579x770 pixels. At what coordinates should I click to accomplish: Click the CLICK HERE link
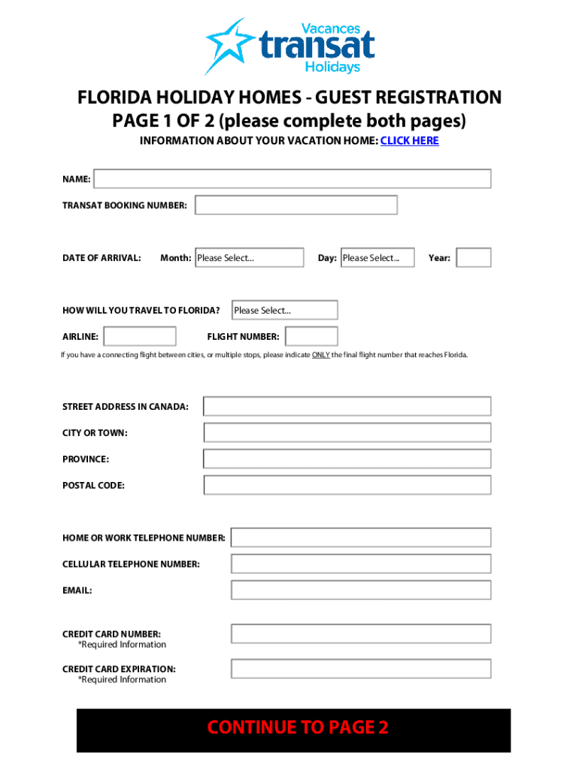409,141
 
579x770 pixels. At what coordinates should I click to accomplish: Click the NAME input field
292,179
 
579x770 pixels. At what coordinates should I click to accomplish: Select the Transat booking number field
296,205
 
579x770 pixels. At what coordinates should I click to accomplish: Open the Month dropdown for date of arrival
249,258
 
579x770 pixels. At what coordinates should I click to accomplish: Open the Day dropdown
377,258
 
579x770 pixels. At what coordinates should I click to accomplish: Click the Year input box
474,258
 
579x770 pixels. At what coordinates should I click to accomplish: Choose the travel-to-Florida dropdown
285,310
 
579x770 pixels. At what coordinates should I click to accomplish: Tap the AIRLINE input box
140,336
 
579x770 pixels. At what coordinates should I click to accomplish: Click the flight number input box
311,336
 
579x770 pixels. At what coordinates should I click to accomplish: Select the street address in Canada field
347,407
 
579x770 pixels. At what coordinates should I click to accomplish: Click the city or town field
347,432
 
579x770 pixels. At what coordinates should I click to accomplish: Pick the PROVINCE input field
347,459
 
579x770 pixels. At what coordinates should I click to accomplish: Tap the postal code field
347,485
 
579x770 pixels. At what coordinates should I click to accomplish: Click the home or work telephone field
361,538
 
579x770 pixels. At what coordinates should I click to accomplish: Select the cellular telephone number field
361,564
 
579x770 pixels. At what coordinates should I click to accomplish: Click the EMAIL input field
361,590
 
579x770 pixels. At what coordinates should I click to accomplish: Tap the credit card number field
361,634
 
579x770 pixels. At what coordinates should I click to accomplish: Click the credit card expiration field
361,668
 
